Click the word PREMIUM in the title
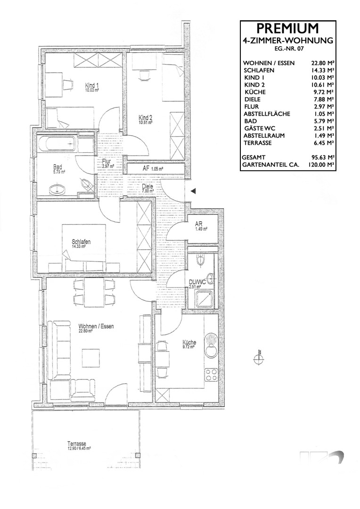(288, 29)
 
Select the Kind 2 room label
(145, 118)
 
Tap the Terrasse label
(76, 444)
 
